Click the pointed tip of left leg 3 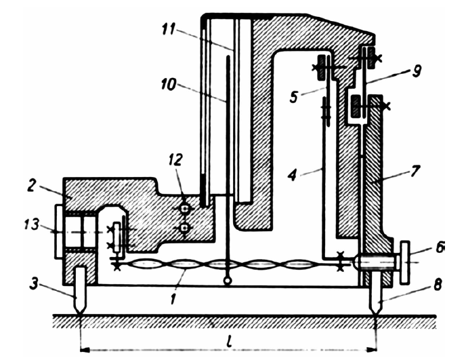click(80, 314)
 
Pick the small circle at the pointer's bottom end click(228, 280)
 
